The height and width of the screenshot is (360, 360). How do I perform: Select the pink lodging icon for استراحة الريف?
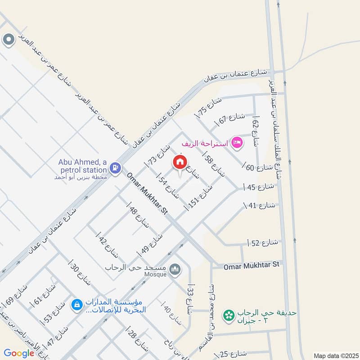point(237,144)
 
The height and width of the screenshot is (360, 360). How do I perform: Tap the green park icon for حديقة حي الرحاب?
point(229,315)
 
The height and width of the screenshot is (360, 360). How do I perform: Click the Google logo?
point(19,353)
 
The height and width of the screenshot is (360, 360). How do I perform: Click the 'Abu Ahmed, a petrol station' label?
point(82,165)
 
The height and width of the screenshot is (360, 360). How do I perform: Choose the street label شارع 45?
point(259,187)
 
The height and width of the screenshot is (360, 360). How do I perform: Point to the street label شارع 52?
point(262,243)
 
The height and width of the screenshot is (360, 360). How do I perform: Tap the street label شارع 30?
point(81,272)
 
